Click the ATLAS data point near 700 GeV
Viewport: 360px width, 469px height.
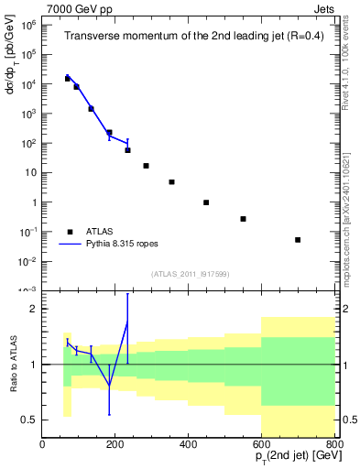pos(298,240)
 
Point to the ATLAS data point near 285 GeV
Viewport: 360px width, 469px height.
pos(147,166)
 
